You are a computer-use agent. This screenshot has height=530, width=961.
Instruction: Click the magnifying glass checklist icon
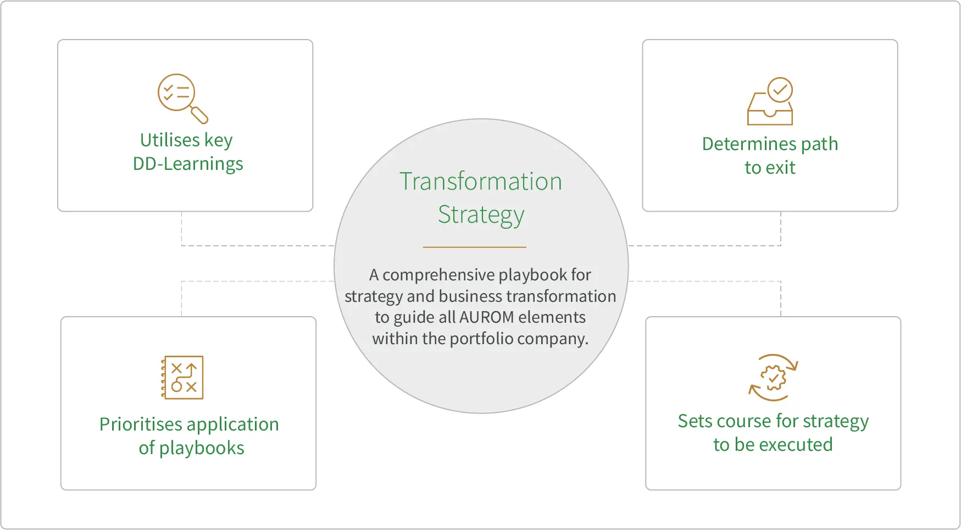(x=182, y=98)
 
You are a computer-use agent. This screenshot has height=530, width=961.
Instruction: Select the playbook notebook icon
(x=182, y=377)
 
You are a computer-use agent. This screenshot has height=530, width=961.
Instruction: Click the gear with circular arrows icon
(x=773, y=378)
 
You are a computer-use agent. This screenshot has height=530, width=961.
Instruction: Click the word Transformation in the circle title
(x=481, y=181)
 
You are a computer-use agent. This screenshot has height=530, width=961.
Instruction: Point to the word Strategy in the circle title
(x=481, y=214)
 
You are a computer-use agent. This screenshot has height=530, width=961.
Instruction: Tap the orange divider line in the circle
(x=474, y=247)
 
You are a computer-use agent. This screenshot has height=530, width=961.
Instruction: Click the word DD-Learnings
(x=188, y=164)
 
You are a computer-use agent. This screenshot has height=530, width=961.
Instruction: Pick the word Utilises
(x=170, y=140)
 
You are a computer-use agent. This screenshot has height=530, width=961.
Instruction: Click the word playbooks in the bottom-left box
(x=202, y=448)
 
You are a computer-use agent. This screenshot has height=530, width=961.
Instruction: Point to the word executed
(x=803, y=445)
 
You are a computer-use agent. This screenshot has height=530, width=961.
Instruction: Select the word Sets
(x=695, y=421)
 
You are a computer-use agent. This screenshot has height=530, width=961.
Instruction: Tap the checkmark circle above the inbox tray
(x=780, y=90)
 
